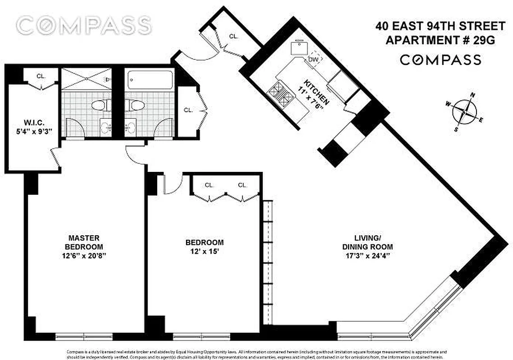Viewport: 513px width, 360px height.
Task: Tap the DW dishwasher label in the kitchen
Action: [313, 59]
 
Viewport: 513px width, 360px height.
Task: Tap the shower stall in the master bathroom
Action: [86, 79]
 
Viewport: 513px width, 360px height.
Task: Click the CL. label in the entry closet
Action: [233, 36]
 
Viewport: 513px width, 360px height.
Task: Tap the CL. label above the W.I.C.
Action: [41, 76]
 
